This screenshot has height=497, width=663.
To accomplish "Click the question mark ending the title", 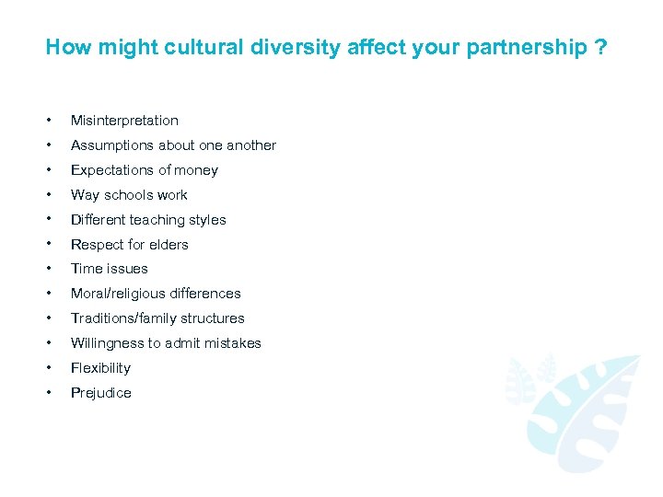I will pos(601,47).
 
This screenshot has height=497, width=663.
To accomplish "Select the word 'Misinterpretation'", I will pos(124,121).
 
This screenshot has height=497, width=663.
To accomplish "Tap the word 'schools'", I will pos(129,195).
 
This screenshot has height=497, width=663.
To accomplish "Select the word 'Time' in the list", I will pos(86,269).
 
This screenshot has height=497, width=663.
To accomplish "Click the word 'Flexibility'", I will pos(100,368).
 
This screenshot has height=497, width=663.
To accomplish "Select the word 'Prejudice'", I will pos(100,393).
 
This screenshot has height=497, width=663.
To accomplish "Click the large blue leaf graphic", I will pos(589,410).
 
